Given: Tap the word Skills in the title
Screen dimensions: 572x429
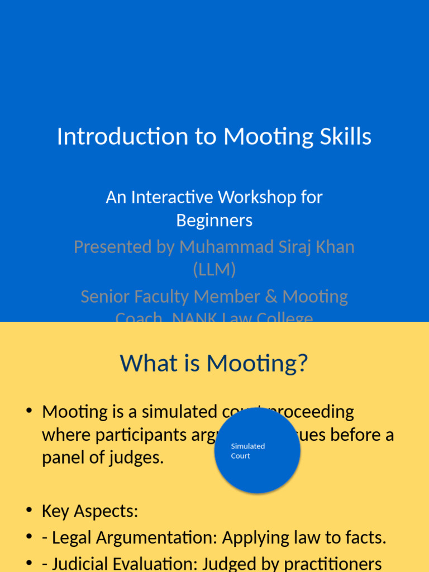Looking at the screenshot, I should (x=349, y=137).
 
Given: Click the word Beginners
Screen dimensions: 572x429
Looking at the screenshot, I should (x=214, y=221).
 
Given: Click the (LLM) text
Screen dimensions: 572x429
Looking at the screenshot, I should (x=214, y=270).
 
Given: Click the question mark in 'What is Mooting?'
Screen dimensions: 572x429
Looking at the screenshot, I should (x=302, y=364).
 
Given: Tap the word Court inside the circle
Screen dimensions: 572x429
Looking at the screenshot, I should (x=241, y=456).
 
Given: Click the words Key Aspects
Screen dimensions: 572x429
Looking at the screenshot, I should (x=90, y=511).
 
